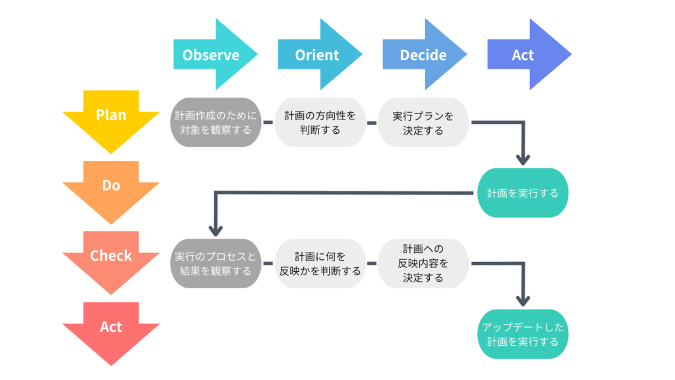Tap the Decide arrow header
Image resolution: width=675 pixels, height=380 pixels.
(423, 55)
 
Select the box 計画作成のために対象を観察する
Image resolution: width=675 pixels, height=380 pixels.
(216, 123)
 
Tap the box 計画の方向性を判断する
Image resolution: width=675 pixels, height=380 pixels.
(320, 123)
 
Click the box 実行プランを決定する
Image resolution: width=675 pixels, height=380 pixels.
(423, 123)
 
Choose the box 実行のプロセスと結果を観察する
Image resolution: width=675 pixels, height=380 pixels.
(216, 263)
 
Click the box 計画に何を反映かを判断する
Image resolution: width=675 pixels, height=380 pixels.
(320, 263)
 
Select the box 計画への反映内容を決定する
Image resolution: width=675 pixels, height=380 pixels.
(423, 263)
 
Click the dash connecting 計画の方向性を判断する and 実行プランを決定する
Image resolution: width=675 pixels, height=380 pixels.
(371, 123)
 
